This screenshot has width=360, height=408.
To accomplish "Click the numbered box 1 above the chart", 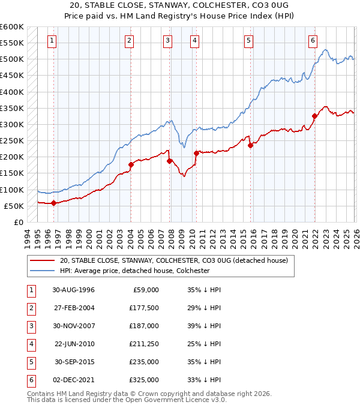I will (x=53, y=41).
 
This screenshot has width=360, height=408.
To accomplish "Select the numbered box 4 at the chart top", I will (x=196, y=41).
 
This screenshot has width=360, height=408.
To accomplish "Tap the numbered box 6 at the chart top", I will (x=313, y=41).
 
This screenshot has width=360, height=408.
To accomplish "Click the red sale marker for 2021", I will (x=314, y=116).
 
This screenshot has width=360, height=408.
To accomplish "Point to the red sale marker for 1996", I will (x=54, y=203).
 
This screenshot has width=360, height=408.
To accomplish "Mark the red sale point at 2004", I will (x=130, y=164).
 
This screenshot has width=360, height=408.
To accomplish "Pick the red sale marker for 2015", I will (x=250, y=145).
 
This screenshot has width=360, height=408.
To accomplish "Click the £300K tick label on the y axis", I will (x=12, y=124).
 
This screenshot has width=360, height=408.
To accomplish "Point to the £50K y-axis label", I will (x=14, y=206).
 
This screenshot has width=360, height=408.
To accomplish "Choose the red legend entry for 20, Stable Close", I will (x=174, y=260).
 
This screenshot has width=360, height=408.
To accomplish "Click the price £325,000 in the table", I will (x=144, y=380).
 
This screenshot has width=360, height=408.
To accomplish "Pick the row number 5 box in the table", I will (x=31, y=362).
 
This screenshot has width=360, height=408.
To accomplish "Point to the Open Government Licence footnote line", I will (x=127, y=400).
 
